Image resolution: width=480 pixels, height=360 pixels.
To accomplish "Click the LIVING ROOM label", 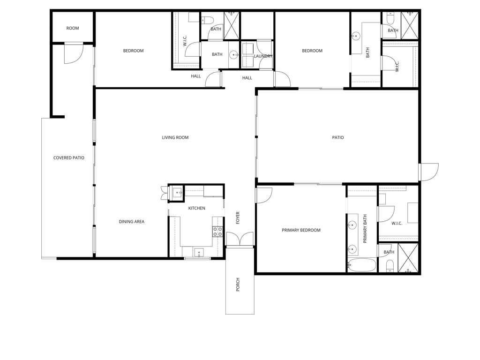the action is point(175,137).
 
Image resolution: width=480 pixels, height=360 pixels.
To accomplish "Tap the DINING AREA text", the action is point(131,222).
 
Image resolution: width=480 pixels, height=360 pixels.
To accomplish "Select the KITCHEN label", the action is point(196,208).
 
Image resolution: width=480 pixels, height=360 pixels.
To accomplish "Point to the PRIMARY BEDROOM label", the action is point(301,230).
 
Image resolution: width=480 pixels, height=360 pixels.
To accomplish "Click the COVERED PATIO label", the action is point(68,158).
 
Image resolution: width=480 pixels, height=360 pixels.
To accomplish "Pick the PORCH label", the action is point(238,285).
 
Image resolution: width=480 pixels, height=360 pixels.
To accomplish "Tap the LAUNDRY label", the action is point(263,56).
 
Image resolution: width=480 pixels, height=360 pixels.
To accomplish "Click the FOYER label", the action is point(238,218).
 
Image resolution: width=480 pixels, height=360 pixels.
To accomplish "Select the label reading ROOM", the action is point(73,28).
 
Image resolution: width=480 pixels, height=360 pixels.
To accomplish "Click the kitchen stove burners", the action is point(217,232).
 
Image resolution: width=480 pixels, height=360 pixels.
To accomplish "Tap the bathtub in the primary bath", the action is point(361,265).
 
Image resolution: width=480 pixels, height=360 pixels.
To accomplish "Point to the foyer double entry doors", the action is point(240,239).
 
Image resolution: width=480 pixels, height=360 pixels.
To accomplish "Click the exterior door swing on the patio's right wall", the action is point(429,172).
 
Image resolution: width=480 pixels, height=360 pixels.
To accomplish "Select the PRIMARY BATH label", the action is point(365,229).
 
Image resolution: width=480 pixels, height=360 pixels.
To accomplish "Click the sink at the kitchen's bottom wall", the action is point(199,253).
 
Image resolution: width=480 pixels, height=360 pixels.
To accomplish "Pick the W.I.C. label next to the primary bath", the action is point(397,224).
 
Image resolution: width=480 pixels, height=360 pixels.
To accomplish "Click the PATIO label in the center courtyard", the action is point(338,137).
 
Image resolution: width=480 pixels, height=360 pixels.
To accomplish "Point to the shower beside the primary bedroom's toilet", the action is point(408,257).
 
